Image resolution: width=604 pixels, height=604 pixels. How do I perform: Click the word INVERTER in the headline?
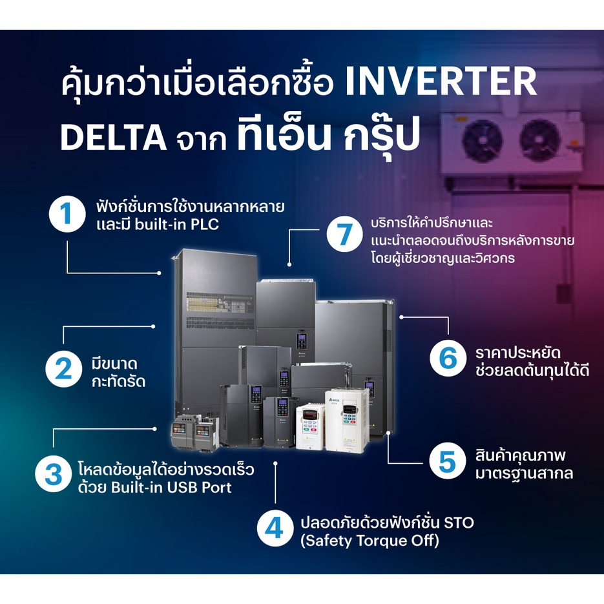coord(441,81)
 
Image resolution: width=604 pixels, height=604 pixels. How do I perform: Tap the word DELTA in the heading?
coord(113,138)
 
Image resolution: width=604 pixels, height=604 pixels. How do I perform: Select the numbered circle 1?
coord(67,214)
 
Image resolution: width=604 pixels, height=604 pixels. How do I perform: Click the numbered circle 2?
coord(63,369)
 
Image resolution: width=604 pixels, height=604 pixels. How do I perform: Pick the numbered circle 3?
coord(53,474)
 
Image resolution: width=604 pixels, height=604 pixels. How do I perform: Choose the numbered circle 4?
coord(275,528)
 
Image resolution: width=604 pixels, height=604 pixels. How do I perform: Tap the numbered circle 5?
coord(447,461)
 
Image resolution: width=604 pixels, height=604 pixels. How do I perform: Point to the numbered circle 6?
coord(448,359)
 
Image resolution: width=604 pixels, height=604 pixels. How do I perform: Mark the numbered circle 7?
coord(345,234)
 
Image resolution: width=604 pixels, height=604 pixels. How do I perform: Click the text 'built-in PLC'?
coord(177,224)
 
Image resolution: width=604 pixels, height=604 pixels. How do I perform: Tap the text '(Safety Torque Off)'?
coord(370,541)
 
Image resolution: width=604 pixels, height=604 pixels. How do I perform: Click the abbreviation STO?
coord(459,523)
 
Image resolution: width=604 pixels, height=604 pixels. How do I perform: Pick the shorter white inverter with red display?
coord(310,426)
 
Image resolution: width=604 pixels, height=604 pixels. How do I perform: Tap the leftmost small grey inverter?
coord(183,432)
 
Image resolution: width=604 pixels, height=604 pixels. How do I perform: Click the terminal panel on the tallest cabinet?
coord(220,303)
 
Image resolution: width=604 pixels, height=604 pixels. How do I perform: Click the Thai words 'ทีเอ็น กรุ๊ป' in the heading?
coord(328,137)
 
